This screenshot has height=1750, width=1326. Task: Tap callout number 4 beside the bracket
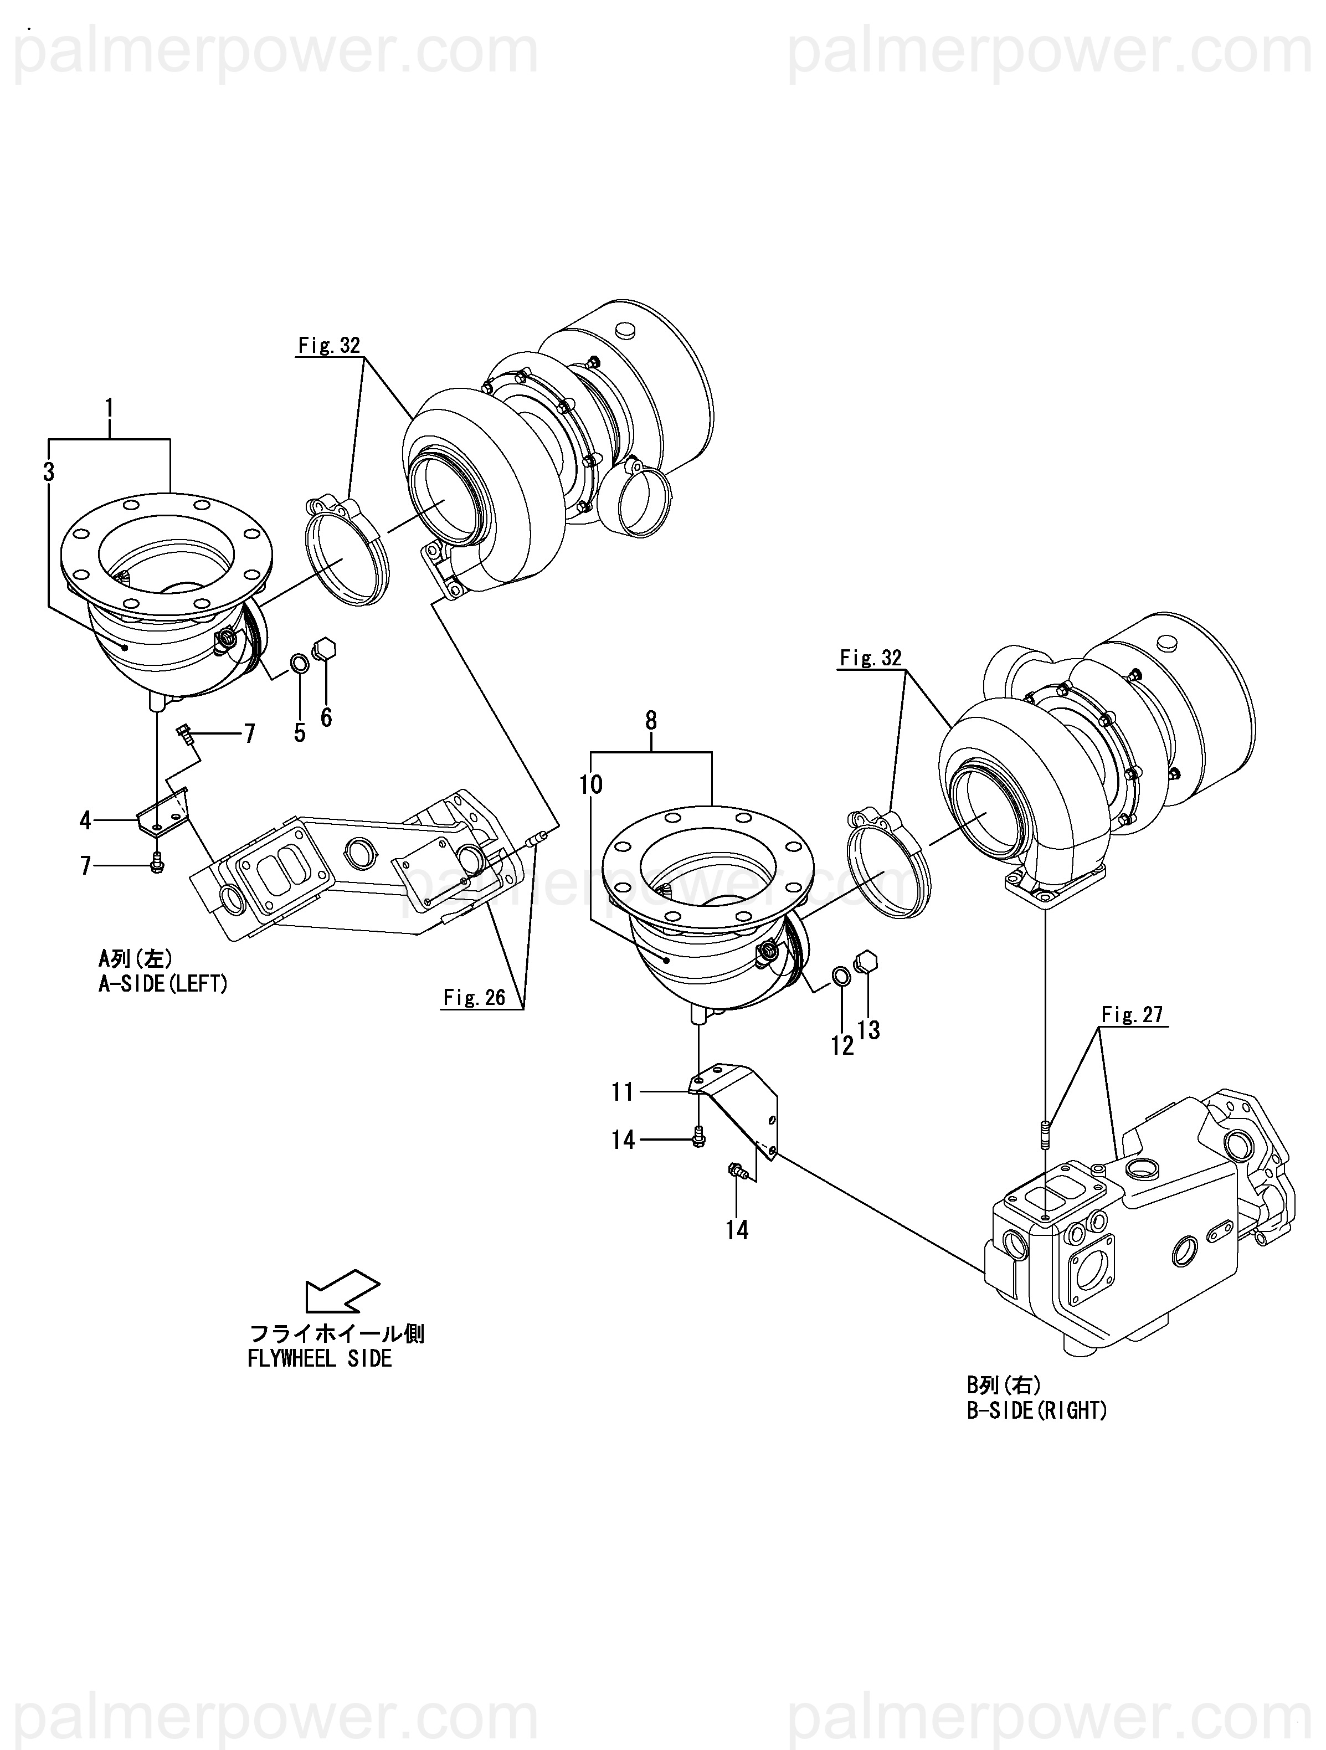pos(85,820)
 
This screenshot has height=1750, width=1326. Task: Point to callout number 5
pos(300,732)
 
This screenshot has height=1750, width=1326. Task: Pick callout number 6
pos(326,717)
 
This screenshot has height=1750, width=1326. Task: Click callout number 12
pos(842,1045)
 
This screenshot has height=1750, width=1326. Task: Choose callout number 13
pos(868,1029)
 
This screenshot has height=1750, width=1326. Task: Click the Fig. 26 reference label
pos(474,998)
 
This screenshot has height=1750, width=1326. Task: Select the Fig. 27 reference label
pos(1132,1014)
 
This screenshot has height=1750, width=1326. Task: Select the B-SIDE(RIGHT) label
pos(1037,1410)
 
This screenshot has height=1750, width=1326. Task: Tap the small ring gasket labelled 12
pos(842,978)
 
